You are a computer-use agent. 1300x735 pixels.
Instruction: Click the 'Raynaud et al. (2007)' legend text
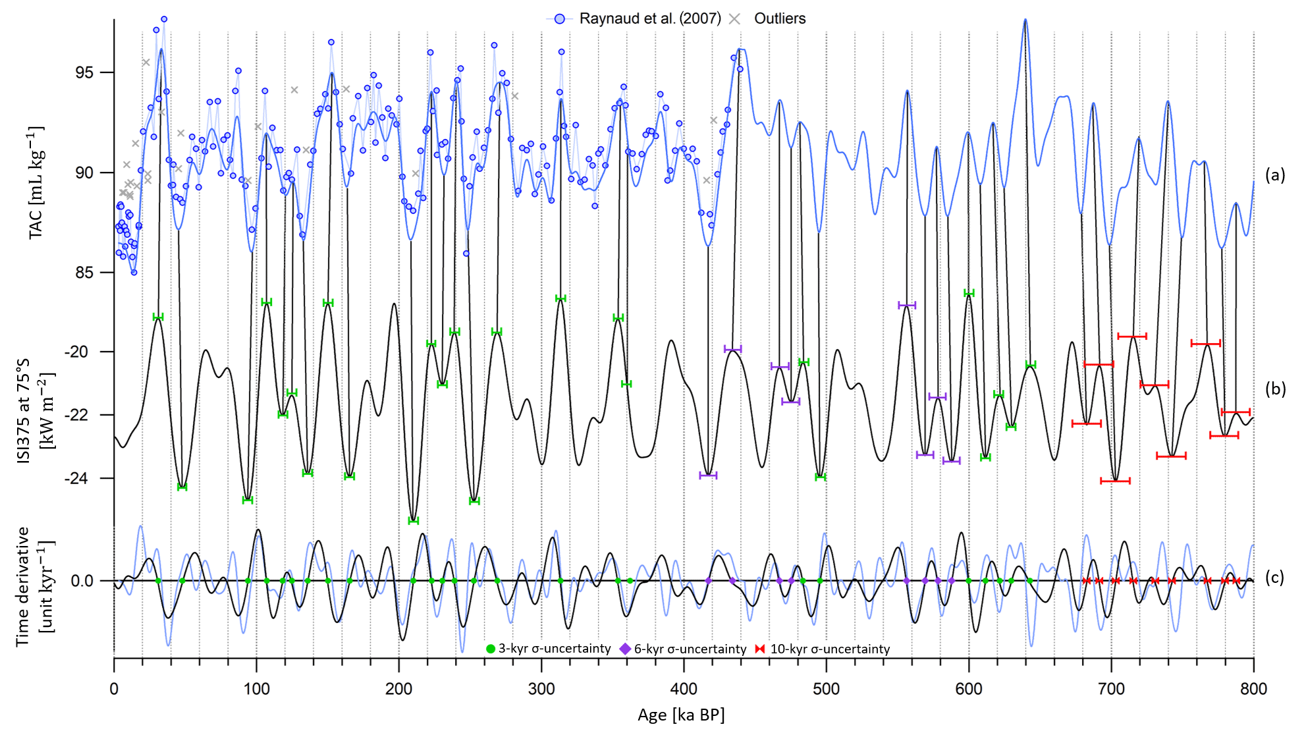click(x=650, y=18)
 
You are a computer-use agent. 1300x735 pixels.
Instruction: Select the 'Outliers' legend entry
click(x=780, y=18)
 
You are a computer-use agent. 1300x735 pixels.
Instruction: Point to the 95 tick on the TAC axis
click(x=84, y=72)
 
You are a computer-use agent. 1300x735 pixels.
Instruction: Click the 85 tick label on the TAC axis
click(x=84, y=272)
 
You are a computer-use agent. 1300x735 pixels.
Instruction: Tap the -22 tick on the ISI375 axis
click(x=76, y=415)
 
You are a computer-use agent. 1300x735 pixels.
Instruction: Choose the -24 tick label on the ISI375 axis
click(x=76, y=478)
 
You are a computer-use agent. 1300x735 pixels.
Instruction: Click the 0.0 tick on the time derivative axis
click(x=82, y=581)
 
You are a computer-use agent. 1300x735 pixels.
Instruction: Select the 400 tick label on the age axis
click(x=684, y=689)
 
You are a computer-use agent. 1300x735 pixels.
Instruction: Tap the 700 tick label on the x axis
click(x=1111, y=689)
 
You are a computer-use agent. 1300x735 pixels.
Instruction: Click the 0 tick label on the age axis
click(x=114, y=689)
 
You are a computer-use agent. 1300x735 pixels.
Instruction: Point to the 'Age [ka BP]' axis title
click(x=681, y=715)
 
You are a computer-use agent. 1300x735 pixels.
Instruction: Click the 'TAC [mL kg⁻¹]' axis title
click(x=36, y=182)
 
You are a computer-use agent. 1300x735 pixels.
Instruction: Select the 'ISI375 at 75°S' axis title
click(x=24, y=411)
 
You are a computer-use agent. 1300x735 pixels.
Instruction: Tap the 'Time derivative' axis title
click(x=23, y=586)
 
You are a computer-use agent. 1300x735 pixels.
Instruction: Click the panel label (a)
click(x=1275, y=175)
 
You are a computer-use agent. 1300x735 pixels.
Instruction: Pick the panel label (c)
click(x=1275, y=578)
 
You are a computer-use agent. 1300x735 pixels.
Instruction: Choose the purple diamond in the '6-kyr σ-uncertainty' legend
click(x=625, y=649)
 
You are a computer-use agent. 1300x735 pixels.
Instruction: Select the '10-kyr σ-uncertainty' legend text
click(x=830, y=649)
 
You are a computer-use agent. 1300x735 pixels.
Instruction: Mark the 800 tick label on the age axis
click(x=1253, y=689)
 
